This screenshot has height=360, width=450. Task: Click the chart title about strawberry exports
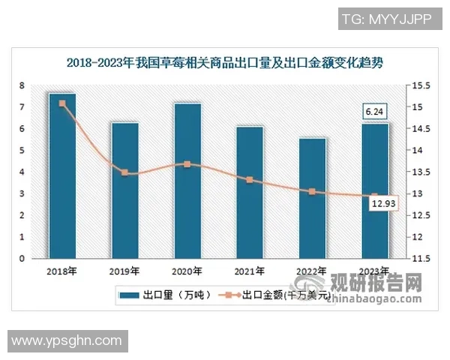pyautogui.click(x=225, y=62)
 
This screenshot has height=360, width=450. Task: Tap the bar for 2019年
pyautogui.click(x=124, y=190)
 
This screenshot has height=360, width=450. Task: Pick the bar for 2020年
pyautogui.click(x=187, y=181)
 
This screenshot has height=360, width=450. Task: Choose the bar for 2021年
pyautogui.click(x=250, y=193)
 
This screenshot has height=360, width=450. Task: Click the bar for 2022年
pyautogui.click(x=313, y=199)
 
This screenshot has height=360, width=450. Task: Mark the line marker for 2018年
pyautogui.click(x=62, y=103)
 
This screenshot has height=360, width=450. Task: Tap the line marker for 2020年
pyautogui.click(x=187, y=163)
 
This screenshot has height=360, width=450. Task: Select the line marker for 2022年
pyautogui.click(x=313, y=192)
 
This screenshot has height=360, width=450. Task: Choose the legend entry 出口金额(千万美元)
pyautogui.click(x=281, y=295)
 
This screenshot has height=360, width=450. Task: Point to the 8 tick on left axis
pyautogui.click(x=22, y=85)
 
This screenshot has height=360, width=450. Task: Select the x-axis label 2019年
pyautogui.click(x=124, y=271)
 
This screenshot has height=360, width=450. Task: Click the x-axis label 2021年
pyautogui.click(x=250, y=271)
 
